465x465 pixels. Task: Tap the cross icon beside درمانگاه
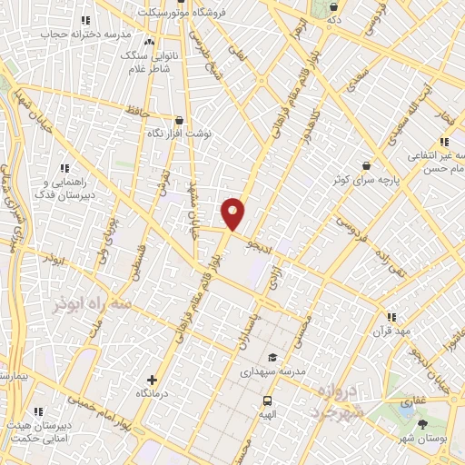[152, 380]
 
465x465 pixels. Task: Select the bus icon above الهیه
[267, 401]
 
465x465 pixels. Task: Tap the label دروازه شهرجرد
[329, 397]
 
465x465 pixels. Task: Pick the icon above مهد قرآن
[391, 317]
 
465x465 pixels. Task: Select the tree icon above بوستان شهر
[424, 424]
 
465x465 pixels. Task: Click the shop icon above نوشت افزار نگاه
[178, 119]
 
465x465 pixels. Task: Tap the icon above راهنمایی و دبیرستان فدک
[64, 167]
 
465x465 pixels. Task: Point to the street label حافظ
[138, 114]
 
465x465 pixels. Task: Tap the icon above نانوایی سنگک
[148, 42]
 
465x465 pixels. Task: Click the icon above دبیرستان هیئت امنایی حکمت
[38, 411]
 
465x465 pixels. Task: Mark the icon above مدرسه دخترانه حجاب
[85, 19]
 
